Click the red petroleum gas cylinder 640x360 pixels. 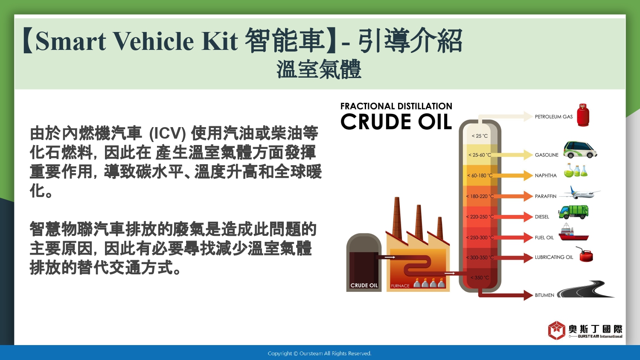coord(583,115)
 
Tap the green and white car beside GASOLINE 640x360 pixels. coord(580,150)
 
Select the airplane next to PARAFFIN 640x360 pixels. coord(580,193)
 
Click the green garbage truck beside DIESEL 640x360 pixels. coord(573,212)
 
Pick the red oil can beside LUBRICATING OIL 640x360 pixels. coord(585,254)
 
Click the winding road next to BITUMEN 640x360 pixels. coord(586,290)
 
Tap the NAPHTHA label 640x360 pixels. coord(546,175)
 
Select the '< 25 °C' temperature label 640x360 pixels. coord(480,136)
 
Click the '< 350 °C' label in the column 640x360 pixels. coord(480,277)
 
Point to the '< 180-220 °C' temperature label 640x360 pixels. coord(480,196)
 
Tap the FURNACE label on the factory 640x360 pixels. coord(400,286)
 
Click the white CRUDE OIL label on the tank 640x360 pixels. coord(364,285)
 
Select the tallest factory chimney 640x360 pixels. coord(396,218)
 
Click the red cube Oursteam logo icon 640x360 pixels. coord(556,330)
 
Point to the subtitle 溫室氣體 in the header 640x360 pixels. coord(319,69)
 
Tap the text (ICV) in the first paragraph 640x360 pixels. coord(168,134)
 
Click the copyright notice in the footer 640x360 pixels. coord(320,354)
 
